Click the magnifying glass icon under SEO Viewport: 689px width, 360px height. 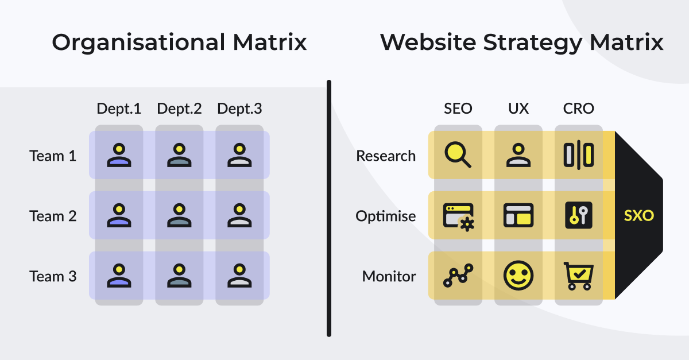(x=458, y=154)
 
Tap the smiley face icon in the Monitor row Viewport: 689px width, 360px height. (x=518, y=276)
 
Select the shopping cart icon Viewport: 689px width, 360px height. (x=578, y=276)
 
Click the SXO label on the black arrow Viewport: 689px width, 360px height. (x=639, y=215)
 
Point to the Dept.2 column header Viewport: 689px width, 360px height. (x=179, y=109)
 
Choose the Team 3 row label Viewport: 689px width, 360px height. (x=53, y=276)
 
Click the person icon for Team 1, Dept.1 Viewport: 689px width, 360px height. (x=119, y=155)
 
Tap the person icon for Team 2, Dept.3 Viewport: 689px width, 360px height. (x=239, y=215)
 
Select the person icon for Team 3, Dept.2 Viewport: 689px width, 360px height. (x=179, y=276)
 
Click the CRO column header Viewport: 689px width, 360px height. (x=579, y=109)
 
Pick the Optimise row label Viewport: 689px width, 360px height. (x=386, y=216)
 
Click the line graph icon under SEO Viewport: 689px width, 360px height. (x=458, y=276)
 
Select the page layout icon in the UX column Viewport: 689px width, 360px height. (x=518, y=215)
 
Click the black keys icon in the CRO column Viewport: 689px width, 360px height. (x=579, y=215)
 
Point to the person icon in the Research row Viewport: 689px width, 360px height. (x=518, y=155)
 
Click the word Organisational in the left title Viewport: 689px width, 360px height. (x=139, y=43)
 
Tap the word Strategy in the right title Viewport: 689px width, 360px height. (x=532, y=43)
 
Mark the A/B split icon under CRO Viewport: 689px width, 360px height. (x=579, y=155)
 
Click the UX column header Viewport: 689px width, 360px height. (x=518, y=109)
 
